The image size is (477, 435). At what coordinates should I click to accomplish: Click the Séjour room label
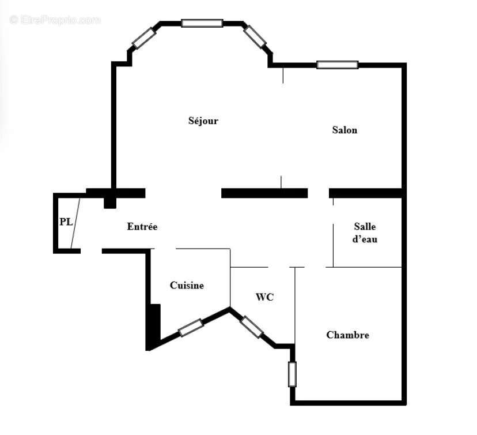click(203, 121)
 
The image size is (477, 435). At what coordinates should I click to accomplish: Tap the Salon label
click(344, 130)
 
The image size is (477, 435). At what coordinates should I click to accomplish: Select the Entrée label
click(142, 227)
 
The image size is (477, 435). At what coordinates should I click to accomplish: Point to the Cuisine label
click(187, 286)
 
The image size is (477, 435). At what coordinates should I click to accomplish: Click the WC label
click(265, 298)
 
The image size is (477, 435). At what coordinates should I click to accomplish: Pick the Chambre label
click(347, 335)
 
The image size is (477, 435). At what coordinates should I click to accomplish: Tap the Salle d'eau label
click(365, 233)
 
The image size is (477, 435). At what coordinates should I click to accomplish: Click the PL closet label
click(66, 222)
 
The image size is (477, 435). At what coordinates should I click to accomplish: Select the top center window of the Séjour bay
click(202, 24)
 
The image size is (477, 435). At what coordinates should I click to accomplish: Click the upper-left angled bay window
click(144, 38)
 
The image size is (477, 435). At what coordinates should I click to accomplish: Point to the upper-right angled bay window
click(255, 36)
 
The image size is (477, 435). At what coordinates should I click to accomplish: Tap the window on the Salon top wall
click(337, 65)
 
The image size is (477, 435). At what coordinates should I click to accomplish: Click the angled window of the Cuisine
click(191, 328)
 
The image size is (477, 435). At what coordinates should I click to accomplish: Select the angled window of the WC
click(252, 327)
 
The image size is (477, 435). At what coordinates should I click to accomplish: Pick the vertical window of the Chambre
click(292, 374)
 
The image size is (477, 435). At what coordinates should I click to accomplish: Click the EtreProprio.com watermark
click(55, 20)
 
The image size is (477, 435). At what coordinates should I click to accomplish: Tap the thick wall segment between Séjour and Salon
click(264, 193)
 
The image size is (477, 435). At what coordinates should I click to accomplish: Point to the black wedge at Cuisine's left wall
click(153, 327)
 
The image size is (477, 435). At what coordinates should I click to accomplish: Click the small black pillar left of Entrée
click(109, 202)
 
